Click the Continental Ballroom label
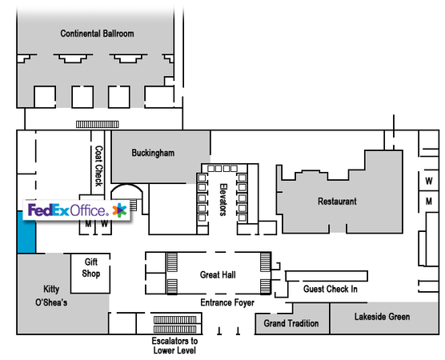click(97, 34)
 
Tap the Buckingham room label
click(153, 153)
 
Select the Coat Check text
click(98, 166)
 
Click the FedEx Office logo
click(77, 210)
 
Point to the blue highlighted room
click(26, 232)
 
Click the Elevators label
click(223, 200)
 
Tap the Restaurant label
click(337, 202)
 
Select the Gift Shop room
click(90, 274)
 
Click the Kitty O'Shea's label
click(51, 296)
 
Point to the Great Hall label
click(218, 274)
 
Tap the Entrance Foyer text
click(227, 302)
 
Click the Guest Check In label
click(331, 289)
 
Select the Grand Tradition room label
click(291, 323)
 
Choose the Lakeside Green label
click(382, 317)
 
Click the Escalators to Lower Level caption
click(174, 346)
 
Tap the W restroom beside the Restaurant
click(429, 181)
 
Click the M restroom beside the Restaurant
click(429, 202)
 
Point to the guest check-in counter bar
click(327, 276)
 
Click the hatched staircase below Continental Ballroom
click(98, 124)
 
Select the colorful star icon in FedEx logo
click(119, 210)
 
